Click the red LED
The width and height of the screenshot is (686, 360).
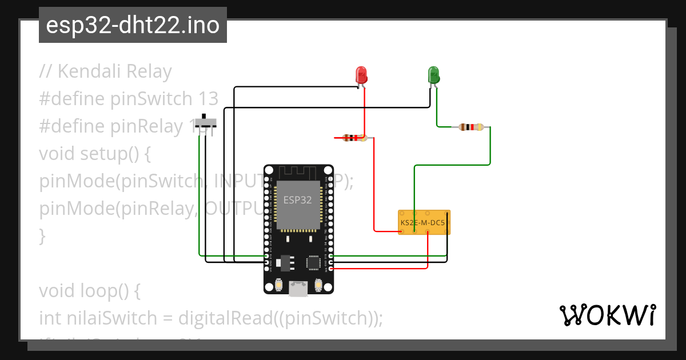pos(361,75)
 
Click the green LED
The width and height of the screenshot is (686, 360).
pos(433,75)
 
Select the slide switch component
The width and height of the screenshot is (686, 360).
pos(206,123)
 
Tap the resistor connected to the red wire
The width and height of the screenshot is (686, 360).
pos(354,138)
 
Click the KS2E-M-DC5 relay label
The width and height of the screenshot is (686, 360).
pos(423,221)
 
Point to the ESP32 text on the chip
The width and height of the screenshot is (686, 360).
pos(297,201)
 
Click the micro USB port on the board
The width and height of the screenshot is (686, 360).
pos(297,288)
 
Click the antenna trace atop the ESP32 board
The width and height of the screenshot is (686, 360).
pos(298,172)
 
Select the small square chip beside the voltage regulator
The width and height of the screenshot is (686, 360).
pos(314,262)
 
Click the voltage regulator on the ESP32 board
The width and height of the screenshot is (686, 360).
pos(284,262)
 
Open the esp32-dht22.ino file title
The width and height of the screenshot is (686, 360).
pos(133,26)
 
